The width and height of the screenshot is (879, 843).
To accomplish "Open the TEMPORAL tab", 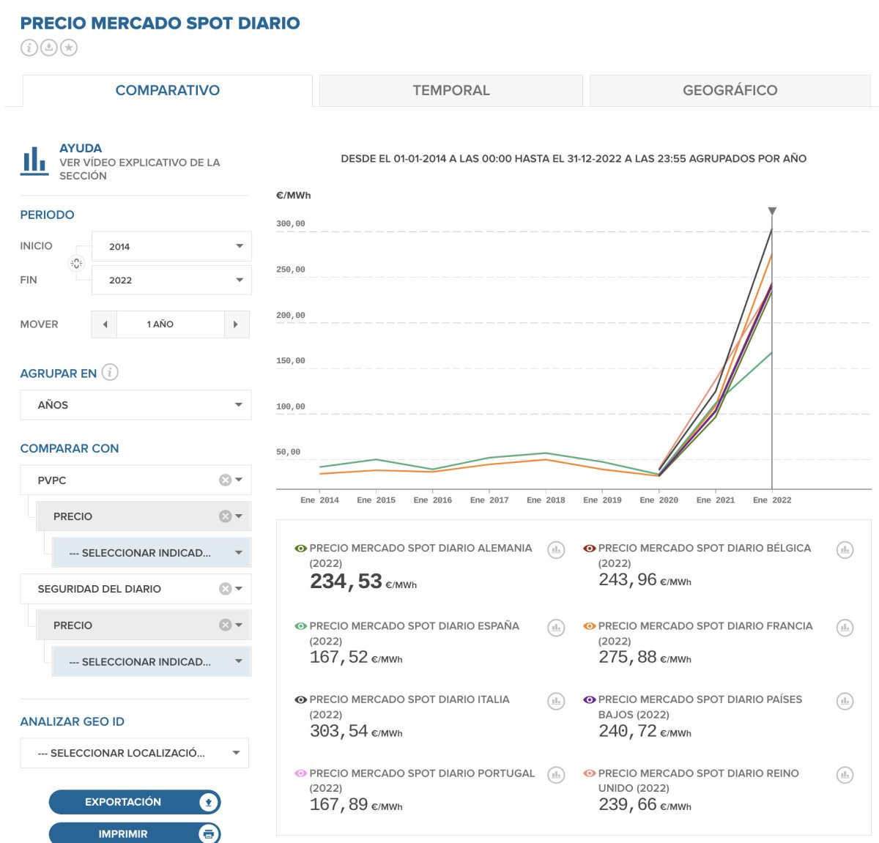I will [450, 91].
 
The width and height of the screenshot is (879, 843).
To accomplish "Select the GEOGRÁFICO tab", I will [730, 91].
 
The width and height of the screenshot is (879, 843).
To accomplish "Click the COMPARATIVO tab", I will [168, 91].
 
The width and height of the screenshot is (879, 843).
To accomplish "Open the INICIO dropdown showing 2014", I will [171, 247].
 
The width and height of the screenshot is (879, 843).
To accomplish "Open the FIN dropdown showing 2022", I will [171, 281].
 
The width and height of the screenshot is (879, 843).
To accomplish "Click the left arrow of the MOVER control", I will [105, 324].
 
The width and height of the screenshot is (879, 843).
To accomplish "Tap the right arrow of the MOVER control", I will [235, 324].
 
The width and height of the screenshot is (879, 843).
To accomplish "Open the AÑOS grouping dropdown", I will [136, 405].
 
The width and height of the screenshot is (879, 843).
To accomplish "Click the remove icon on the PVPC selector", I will [225, 480].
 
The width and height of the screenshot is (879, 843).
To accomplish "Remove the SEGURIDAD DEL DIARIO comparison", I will [225, 589].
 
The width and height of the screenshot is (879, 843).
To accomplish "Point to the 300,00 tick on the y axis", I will [291, 224].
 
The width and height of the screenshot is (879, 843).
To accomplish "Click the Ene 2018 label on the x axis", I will [546, 500].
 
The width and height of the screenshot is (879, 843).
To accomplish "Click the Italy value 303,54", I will [338, 731].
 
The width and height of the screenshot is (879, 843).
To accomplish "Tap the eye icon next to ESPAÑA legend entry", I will [300, 626].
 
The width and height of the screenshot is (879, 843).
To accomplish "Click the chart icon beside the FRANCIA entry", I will [845, 628].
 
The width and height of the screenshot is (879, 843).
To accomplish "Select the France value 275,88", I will [627, 657].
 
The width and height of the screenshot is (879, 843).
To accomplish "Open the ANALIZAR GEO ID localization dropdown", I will [135, 753].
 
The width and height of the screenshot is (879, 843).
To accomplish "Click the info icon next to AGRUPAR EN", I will [110, 372].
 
